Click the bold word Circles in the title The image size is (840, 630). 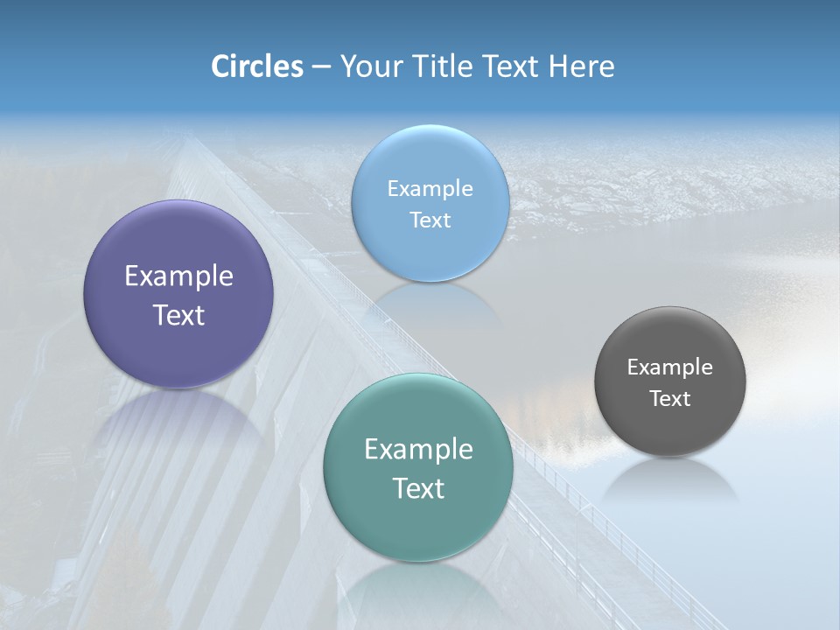256,66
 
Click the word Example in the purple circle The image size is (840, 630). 178,276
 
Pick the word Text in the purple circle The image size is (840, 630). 178,315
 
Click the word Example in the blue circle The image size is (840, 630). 430,188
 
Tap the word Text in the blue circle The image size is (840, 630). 430,220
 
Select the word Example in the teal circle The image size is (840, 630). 418,450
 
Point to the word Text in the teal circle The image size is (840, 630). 418,488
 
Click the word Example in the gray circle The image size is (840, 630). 670,367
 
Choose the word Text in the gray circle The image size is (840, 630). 670,398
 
